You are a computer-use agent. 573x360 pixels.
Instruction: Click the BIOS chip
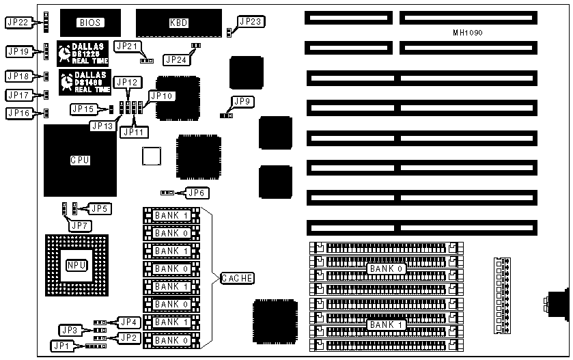pyautogui.click(x=89, y=23)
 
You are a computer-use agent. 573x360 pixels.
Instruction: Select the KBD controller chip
pyautogui.click(x=178, y=23)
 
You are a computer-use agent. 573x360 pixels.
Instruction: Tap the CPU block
pyautogui.click(x=80, y=161)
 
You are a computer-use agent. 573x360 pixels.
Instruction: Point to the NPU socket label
pyautogui.click(x=74, y=265)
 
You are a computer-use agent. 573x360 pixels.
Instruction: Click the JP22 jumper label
pyautogui.click(x=17, y=23)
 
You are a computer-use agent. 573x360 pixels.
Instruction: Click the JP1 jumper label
pyautogui.click(x=62, y=346)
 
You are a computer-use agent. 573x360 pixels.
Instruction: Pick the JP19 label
pyautogui.click(x=17, y=51)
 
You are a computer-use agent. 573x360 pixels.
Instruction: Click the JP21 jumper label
pyautogui.click(x=128, y=46)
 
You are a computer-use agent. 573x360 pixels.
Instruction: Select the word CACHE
pyautogui.click(x=237, y=278)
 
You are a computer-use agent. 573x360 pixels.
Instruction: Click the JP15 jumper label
pyautogui.click(x=83, y=109)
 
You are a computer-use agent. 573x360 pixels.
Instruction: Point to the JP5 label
pyautogui.click(x=100, y=208)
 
